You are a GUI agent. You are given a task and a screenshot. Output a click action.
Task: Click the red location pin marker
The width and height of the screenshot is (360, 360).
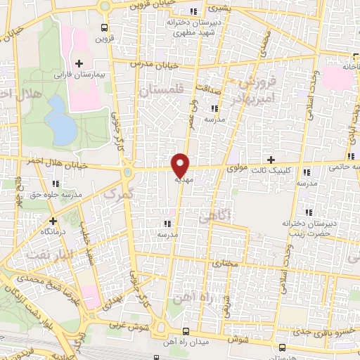(181, 164)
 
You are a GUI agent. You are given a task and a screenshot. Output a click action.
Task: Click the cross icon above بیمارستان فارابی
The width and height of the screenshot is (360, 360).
(79, 63)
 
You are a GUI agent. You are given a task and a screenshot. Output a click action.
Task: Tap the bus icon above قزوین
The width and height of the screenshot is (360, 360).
(105, 28)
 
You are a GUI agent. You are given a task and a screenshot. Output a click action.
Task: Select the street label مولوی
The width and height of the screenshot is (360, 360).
(236, 169)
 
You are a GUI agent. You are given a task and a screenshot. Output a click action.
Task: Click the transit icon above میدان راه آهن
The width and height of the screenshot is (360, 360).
(186, 331)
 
